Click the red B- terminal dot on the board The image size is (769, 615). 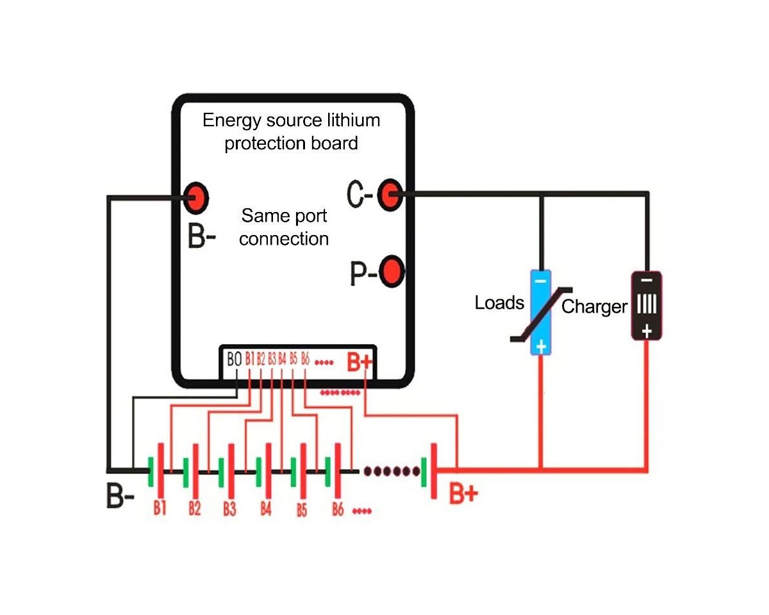196,197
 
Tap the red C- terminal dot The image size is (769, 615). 388,193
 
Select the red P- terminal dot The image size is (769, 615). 392,272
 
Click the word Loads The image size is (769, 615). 499,302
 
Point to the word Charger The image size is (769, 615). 594,307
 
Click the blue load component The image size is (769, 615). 541,313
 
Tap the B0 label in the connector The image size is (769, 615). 235,359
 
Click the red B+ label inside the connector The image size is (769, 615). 359,362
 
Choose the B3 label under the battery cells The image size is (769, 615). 229,509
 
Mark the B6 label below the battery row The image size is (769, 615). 338,510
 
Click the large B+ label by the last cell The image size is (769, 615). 463,494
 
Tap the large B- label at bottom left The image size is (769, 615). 120,496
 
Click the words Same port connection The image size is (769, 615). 284,227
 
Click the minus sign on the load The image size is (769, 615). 541,280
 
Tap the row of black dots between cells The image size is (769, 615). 392,471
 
